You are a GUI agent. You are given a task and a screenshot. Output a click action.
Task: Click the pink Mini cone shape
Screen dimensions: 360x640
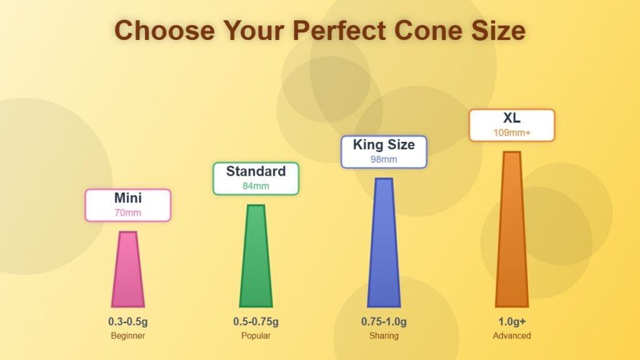coord(128,270)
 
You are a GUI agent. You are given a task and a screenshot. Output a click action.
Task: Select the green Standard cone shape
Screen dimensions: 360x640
coord(256,257)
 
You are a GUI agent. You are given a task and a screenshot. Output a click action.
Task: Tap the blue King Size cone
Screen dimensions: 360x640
coord(384,244)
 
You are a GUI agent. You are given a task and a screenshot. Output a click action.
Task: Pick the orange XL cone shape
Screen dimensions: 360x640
coord(512,230)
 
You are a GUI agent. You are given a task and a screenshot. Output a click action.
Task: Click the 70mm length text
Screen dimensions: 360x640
coord(128,212)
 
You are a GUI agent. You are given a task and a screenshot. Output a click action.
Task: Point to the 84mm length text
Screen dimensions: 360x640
coord(256,186)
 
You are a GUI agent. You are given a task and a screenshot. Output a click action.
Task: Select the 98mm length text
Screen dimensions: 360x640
coord(384,159)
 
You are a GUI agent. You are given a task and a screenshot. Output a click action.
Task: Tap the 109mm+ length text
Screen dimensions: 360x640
coord(512,132)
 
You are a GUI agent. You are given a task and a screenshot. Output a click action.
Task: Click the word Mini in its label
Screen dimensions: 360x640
coord(128,198)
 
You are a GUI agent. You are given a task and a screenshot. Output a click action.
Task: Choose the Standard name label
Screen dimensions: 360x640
coord(256,171)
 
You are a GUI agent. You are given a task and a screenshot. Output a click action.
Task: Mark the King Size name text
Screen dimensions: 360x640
coord(384,145)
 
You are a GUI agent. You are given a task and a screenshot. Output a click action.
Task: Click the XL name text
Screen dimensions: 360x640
coord(512,118)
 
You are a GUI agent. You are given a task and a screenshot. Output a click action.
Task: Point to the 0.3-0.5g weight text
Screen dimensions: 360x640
coord(128,322)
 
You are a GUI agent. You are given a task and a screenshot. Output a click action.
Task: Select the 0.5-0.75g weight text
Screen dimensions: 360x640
coord(256,322)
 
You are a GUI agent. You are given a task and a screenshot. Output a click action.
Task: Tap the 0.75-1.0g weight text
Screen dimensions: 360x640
coord(384,322)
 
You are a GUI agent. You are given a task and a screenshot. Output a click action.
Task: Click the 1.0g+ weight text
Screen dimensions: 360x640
coord(512,322)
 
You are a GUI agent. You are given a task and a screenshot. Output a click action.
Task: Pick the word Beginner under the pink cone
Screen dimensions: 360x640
coord(128,336)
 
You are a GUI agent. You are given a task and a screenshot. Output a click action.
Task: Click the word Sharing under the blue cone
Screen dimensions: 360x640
coord(384,336)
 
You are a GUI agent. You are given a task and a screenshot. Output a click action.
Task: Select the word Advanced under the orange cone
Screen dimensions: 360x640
coord(512,336)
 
